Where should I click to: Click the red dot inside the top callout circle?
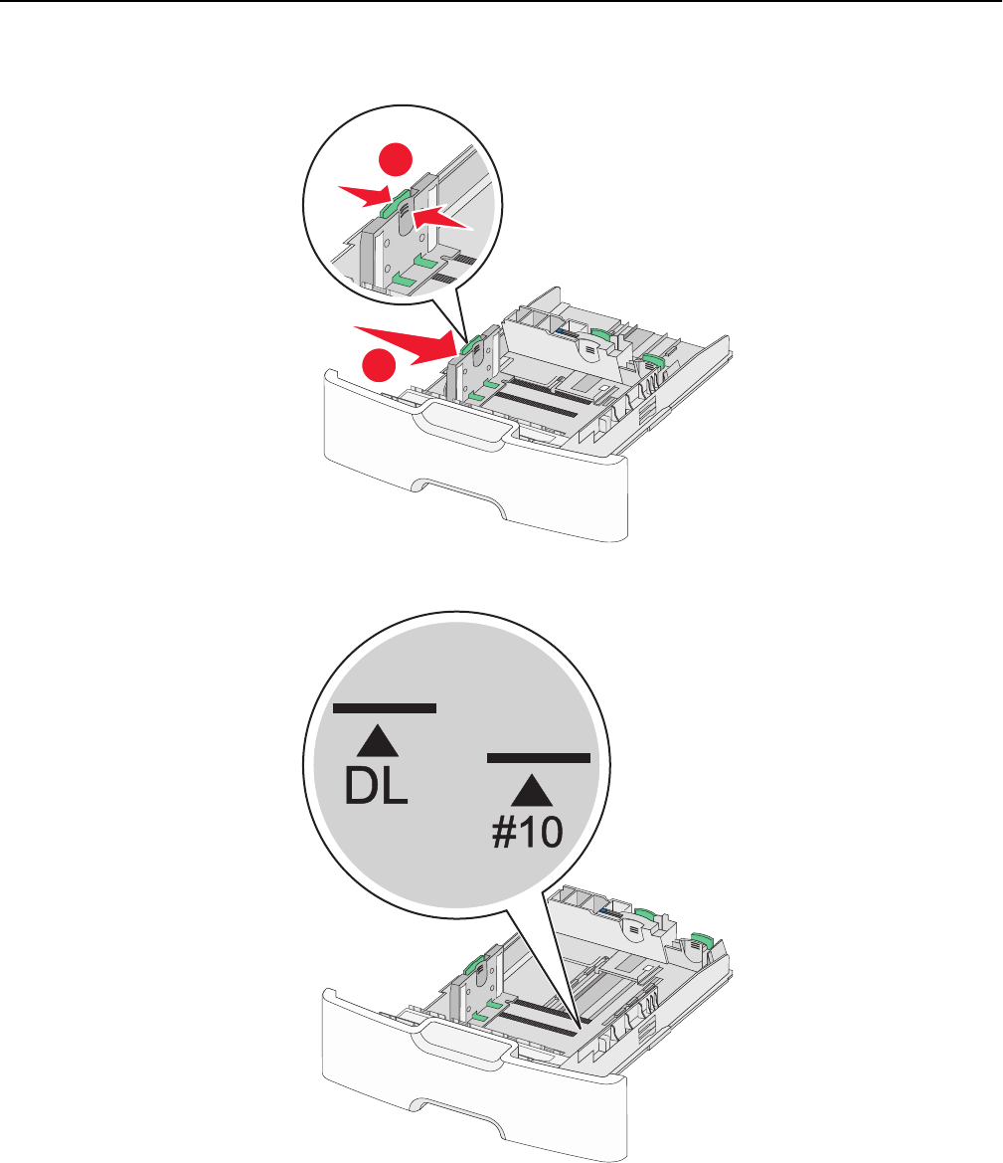click(395, 159)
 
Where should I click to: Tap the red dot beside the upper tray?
click(379, 364)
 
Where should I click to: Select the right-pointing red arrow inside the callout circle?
click(366, 196)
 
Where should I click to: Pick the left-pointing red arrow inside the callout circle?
click(441, 218)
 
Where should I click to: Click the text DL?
click(376, 786)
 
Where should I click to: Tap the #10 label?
click(528, 832)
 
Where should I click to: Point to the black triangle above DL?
click(378, 741)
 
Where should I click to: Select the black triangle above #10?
click(532, 791)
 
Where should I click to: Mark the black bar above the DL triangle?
click(385, 708)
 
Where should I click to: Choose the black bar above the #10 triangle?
click(539, 758)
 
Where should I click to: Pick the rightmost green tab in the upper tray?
click(652, 360)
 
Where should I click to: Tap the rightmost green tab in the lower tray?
click(701, 941)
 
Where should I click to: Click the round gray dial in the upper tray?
click(590, 347)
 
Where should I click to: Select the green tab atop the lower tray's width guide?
click(471, 965)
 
